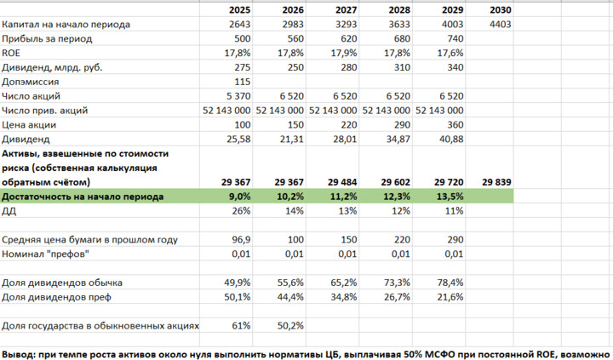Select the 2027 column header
pyautogui.click(x=346, y=9)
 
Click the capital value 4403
pyautogui.click(x=501, y=24)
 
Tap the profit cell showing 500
pyautogui.click(x=241, y=38)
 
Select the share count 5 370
pyautogui.click(x=238, y=96)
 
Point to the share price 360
pyautogui.click(x=450, y=124)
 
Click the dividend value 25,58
pyautogui.click(x=238, y=139)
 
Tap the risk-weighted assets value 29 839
pyautogui.click(x=498, y=181)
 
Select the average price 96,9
pyautogui.click(x=241, y=239)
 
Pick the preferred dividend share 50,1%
pyautogui.click(x=238, y=296)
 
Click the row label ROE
pyautogui.click(x=13, y=53)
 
